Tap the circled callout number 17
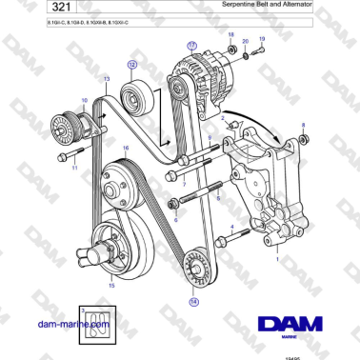pyautogui.click(x=193, y=45)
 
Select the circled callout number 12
pyautogui.click(x=133, y=65)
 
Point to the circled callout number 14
pyautogui.click(x=194, y=303)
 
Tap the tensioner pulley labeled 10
pyautogui.click(x=68, y=125)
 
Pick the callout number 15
pyautogui.click(x=110, y=284)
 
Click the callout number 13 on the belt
pyautogui.click(x=106, y=78)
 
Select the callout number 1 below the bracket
pyautogui.click(x=276, y=258)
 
